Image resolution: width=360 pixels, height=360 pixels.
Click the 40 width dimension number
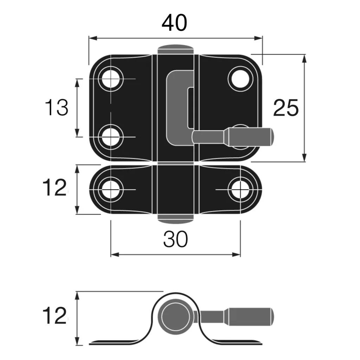175,23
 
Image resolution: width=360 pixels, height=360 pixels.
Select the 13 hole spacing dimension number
57,108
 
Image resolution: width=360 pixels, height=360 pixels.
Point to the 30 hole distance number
175,240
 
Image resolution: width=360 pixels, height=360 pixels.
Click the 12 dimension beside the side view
54,315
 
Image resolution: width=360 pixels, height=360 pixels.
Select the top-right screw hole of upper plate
240,78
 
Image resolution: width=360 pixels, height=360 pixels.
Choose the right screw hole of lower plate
240,189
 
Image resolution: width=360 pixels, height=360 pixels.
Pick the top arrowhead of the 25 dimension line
304,57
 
